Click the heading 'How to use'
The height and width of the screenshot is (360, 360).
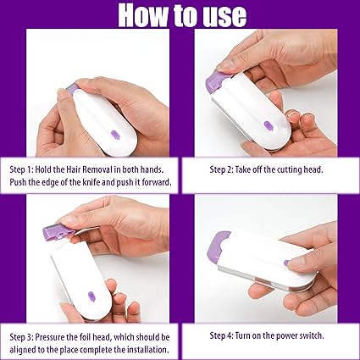coord(180,16)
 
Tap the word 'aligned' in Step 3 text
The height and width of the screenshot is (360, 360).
coord(25,349)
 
